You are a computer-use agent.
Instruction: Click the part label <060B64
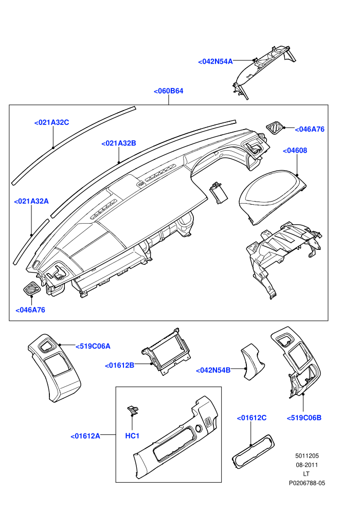point(168,91)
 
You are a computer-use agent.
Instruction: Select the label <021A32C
point(51,122)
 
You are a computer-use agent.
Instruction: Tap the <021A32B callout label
point(118,143)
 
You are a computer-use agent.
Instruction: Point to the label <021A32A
point(31,201)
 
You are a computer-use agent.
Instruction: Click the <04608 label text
point(295,151)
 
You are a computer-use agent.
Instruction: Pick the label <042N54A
point(215,61)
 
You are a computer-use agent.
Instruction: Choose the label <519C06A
point(93,347)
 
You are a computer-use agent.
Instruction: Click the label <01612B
point(119,366)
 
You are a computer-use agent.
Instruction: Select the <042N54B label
point(213,370)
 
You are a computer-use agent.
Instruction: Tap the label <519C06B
point(304,418)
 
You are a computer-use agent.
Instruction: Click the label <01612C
point(251,418)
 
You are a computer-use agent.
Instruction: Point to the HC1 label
point(132,435)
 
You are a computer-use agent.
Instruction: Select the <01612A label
point(85,436)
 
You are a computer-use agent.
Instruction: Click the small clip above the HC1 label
point(133,410)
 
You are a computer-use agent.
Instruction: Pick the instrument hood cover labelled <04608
point(273,198)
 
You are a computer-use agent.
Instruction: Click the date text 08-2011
point(307,465)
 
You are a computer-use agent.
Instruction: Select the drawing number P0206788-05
point(307,483)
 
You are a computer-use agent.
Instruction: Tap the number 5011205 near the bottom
point(307,456)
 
